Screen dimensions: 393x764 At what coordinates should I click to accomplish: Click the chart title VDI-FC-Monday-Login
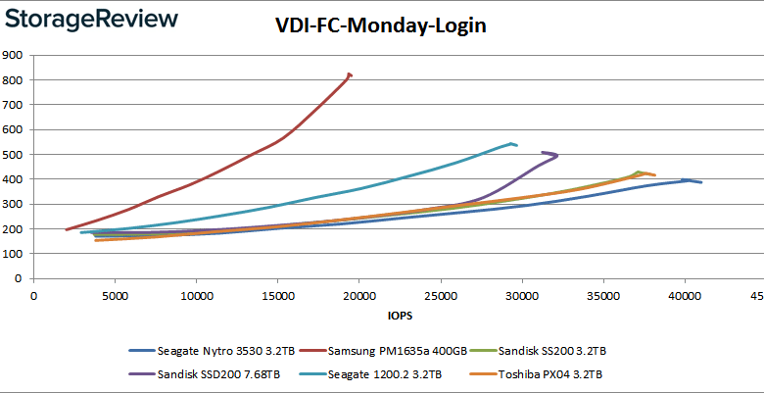tap(381, 25)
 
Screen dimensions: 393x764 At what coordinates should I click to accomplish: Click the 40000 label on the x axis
tap(685, 295)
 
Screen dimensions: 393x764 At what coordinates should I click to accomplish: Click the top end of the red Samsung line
tap(350, 74)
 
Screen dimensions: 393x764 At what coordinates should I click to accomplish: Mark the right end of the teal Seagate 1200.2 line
tap(516, 145)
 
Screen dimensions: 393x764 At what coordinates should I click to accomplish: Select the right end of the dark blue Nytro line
tap(701, 182)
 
